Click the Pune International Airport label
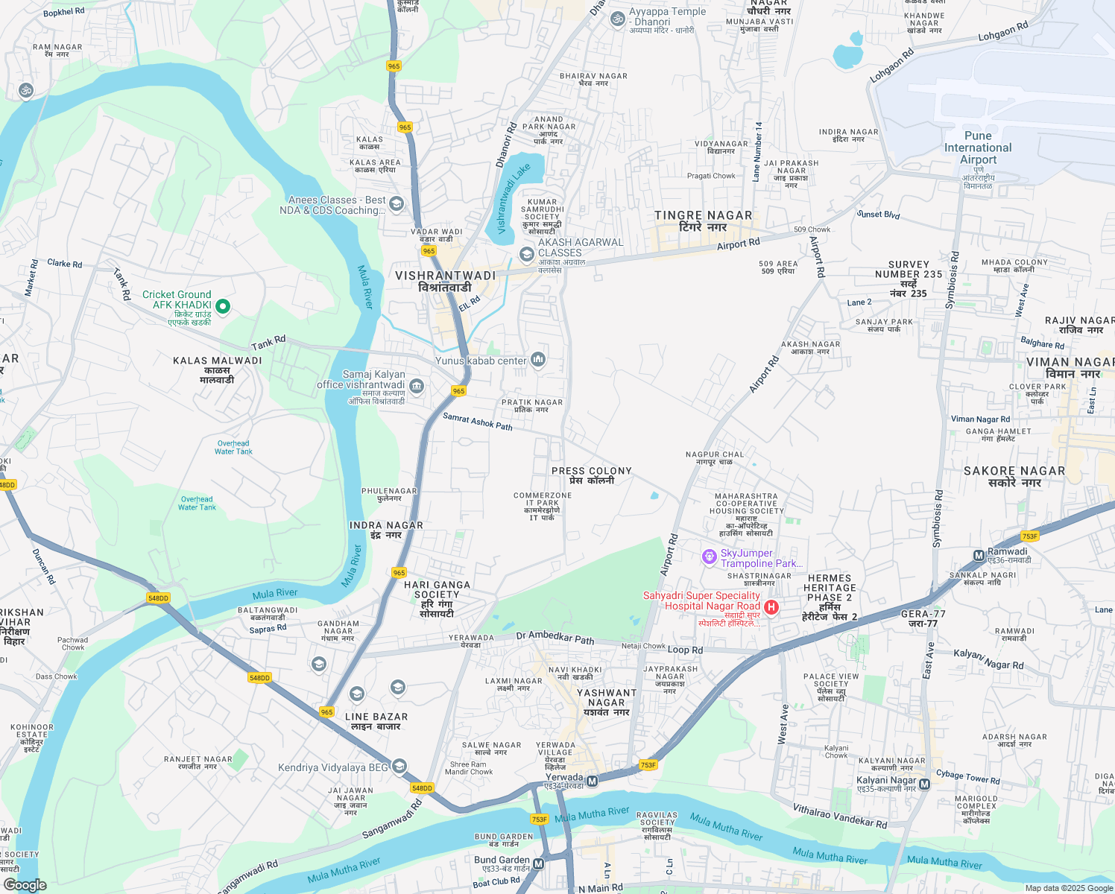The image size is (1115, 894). pyautogui.click(x=978, y=148)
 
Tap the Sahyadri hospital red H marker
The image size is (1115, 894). pyautogui.click(x=771, y=607)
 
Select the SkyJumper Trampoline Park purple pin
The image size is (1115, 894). pyautogui.click(x=709, y=557)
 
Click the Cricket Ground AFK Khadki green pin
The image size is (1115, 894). pyautogui.click(x=222, y=306)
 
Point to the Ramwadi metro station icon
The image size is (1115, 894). pyautogui.click(x=979, y=555)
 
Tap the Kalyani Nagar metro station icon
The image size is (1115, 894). pyautogui.click(x=924, y=784)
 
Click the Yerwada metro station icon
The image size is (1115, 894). pyautogui.click(x=592, y=781)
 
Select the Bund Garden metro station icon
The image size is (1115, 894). pyautogui.click(x=538, y=864)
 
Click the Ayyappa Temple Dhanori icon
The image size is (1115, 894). pyautogui.click(x=617, y=19)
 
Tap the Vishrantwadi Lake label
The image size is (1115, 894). pyautogui.click(x=514, y=198)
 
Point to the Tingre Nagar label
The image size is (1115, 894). pyautogui.click(x=703, y=221)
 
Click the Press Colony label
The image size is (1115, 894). pyautogui.click(x=592, y=475)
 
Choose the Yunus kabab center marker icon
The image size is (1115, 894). pyautogui.click(x=538, y=361)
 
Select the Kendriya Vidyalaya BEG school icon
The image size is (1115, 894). pyautogui.click(x=399, y=767)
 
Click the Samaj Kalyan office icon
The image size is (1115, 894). pyautogui.click(x=417, y=385)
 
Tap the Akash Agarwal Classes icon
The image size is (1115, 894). pyautogui.click(x=526, y=255)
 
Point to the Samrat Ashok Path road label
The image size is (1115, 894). pyautogui.click(x=478, y=422)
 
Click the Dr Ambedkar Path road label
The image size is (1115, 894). pyautogui.click(x=555, y=638)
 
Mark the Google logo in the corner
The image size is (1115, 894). pyautogui.click(x=25, y=885)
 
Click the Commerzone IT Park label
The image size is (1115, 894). pyautogui.click(x=543, y=506)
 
